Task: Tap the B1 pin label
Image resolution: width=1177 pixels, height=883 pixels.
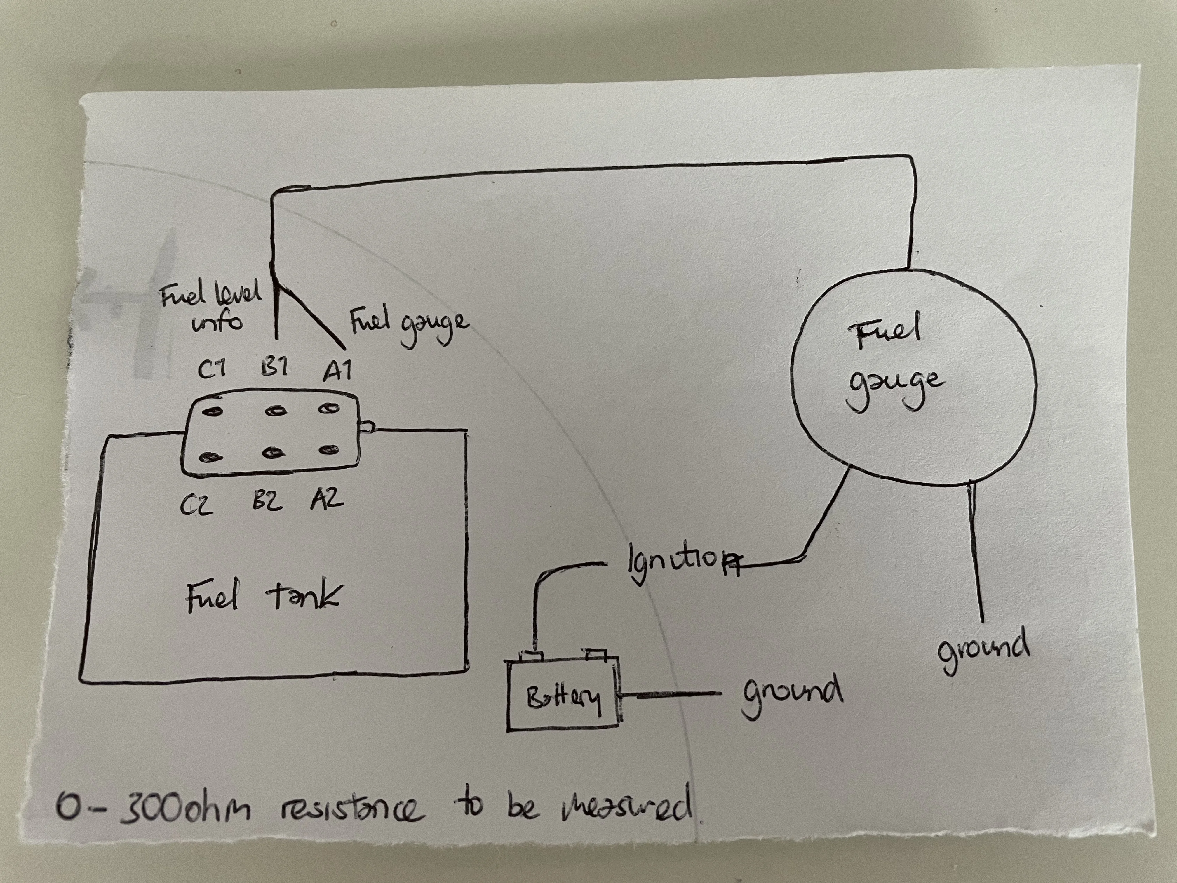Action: (x=275, y=367)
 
